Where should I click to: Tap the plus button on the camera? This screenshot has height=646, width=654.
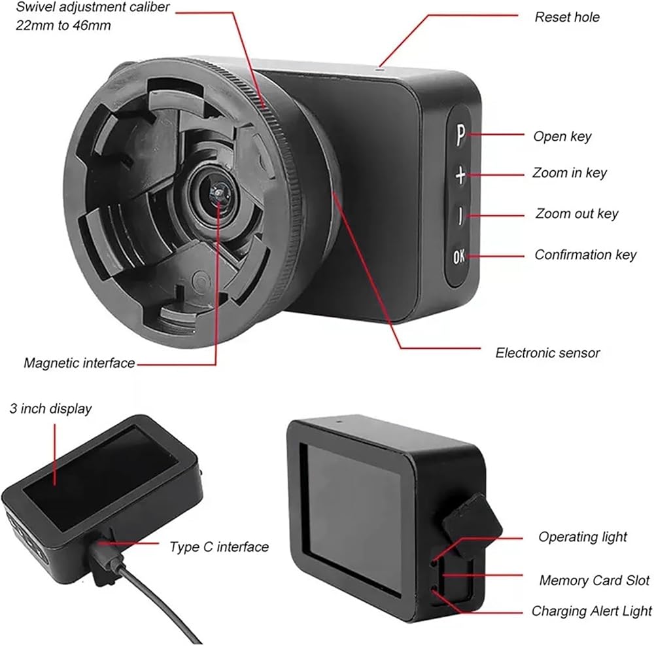(460, 175)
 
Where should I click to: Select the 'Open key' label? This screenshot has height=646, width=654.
(562, 136)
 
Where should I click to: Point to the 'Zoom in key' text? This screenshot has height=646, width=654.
(569, 173)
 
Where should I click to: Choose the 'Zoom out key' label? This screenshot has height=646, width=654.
(576, 214)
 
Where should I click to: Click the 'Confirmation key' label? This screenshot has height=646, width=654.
(585, 255)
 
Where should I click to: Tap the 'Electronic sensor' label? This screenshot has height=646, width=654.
(547, 353)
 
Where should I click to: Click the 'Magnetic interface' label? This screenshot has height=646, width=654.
(79, 362)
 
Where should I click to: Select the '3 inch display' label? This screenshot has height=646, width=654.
(50, 409)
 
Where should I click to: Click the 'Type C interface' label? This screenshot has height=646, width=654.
(219, 547)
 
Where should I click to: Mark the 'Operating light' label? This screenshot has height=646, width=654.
(582, 537)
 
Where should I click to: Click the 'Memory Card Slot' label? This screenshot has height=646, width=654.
(594, 581)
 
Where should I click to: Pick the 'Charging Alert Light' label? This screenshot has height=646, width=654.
(591, 611)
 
